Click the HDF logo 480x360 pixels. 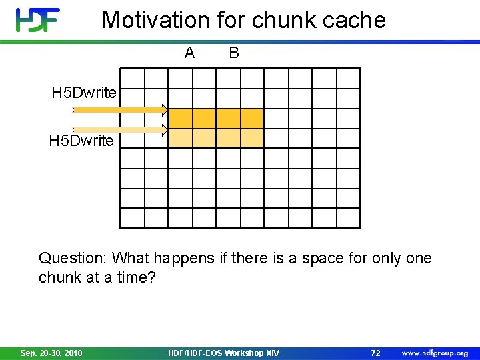coord(38,20)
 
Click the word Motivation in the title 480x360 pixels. coord(156,20)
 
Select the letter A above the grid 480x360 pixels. coord(190,53)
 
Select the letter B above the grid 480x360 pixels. coord(234,53)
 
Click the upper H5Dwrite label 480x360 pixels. coord(84,93)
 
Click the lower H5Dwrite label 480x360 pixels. coord(81,141)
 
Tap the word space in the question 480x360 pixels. coord(322,258)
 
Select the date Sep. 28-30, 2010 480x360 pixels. coord(51,353)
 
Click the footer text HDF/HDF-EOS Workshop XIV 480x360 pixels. coord(224,353)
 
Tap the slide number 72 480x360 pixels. coord(375,353)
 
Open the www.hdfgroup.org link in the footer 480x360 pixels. coord(435,353)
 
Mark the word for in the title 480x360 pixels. coord(231,20)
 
